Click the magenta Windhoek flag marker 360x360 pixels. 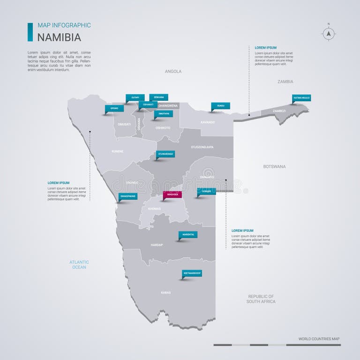coord(172,194)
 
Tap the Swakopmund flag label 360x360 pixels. coord(128,196)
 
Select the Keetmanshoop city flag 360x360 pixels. coord(192,273)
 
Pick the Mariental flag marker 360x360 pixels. coord(187,234)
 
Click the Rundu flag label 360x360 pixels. coord(220,106)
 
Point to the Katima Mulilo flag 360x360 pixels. coord(301,98)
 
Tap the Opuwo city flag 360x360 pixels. coord(114,108)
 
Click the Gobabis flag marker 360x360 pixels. coord(206,191)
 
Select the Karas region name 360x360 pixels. coord(166,292)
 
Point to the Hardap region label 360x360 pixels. coord(157,245)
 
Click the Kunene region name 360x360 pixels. coord(117,151)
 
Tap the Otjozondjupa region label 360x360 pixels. coord(202,147)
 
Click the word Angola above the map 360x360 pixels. coord(173,72)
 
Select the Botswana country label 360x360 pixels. coord(275,166)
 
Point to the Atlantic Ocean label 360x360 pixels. coord(79,264)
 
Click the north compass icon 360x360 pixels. coord(329,34)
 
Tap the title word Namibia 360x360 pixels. coord(59,37)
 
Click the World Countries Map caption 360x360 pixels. coord(319,338)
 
